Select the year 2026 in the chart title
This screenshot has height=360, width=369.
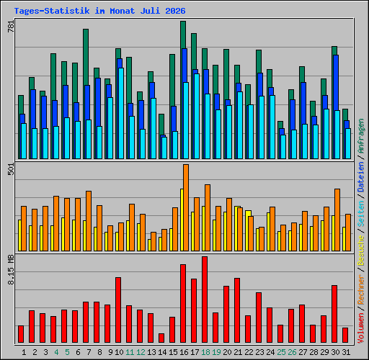(175, 11)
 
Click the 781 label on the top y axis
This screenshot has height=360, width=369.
(11, 26)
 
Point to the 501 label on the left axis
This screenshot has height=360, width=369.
(11, 168)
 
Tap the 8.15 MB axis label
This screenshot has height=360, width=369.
(11, 270)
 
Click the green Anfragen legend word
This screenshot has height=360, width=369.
(361, 136)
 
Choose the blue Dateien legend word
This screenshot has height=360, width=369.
(361, 177)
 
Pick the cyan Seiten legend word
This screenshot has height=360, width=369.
(361, 214)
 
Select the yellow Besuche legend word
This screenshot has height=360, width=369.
(361, 250)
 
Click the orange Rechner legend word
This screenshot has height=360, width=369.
(361, 290)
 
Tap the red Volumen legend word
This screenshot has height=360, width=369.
(361, 328)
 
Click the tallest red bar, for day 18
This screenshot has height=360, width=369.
(205, 300)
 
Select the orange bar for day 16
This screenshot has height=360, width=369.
(186, 207)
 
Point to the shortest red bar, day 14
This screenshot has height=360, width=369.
(161, 338)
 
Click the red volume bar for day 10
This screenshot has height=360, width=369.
(118, 310)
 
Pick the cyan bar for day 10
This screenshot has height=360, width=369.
(121, 113)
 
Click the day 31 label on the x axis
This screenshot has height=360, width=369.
(346, 352)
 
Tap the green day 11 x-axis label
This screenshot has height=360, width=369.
(130, 352)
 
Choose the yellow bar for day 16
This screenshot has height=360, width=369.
(182, 220)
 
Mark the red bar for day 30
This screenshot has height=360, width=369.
(334, 314)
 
